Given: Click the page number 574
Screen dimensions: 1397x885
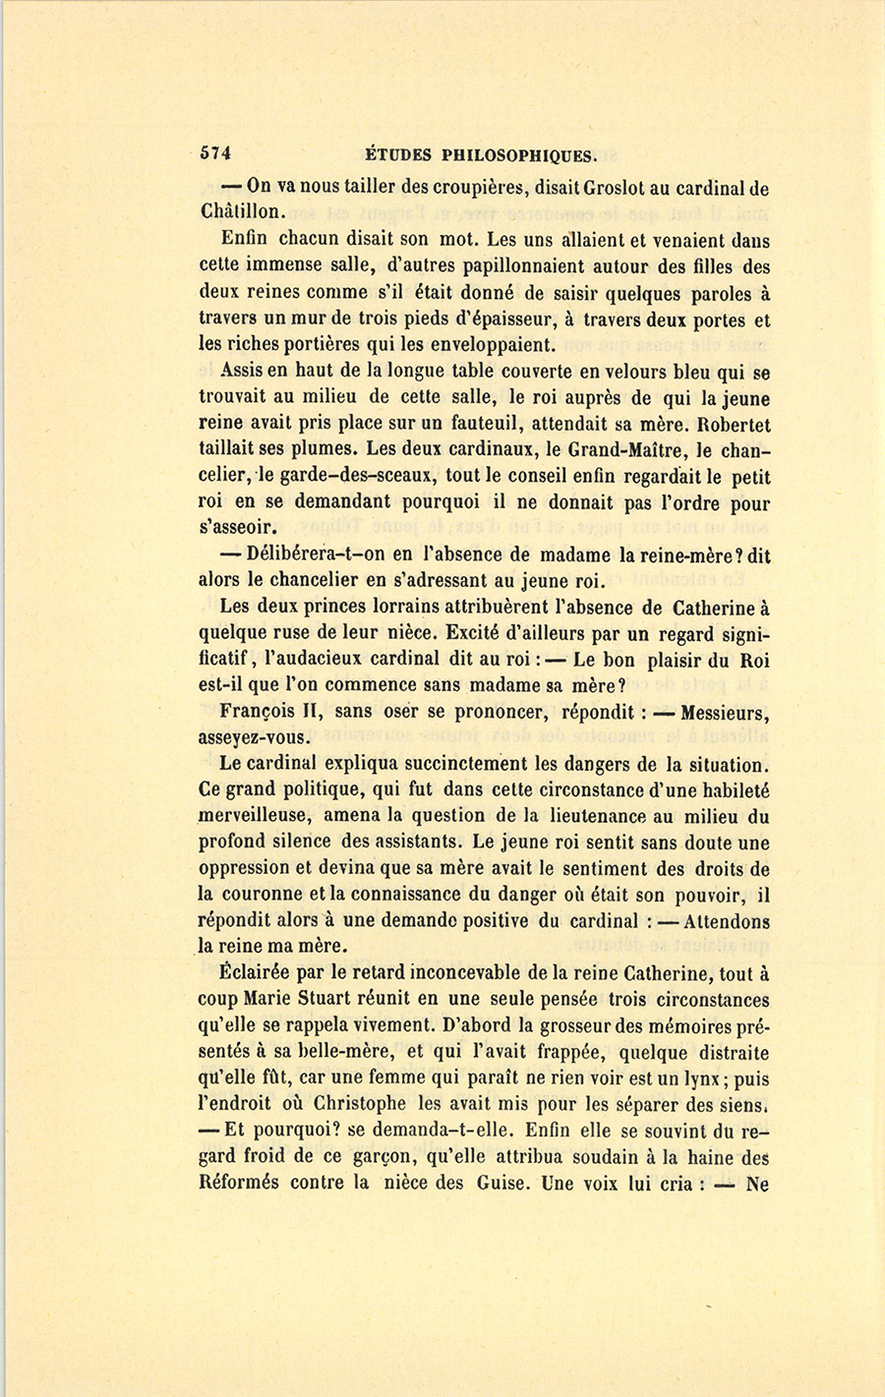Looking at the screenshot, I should [214, 153].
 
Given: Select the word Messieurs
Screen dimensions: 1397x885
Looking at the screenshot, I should [725, 711].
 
